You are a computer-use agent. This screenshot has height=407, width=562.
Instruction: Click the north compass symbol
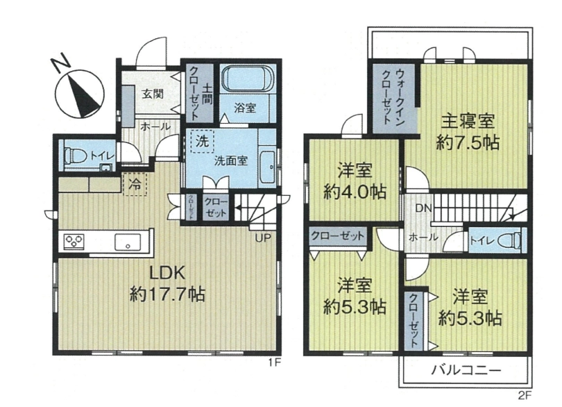pyautogui.click(x=80, y=92)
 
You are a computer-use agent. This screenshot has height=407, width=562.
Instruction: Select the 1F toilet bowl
pyautogui.click(x=76, y=156)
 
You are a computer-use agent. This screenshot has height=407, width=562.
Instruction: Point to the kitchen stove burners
pyautogui.click(x=74, y=242)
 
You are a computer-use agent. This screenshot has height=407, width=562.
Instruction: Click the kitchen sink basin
pyautogui.click(x=128, y=242)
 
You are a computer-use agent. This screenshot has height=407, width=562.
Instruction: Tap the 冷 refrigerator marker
pyautogui.click(x=135, y=185)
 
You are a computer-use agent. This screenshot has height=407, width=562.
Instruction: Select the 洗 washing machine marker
pyautogui.click(x=202, y=141)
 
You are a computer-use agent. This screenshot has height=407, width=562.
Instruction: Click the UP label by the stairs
pyautogui.click(x=263, y=238)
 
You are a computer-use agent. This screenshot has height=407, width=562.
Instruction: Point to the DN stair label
pyautogui.click(x=424, y=208)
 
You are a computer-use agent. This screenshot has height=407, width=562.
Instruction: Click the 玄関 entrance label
pyautogui.click(x=153, y=94)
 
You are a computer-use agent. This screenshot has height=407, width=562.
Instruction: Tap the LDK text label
pyautogui.click(x=167, y=274)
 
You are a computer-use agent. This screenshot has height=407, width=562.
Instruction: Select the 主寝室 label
pyautogui.click(x=468, y=122)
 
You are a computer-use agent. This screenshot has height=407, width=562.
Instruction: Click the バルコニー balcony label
pyautogui.click(x=466, y=369)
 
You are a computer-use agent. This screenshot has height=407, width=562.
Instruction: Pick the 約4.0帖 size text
pyautogui.click(x=355, y=192)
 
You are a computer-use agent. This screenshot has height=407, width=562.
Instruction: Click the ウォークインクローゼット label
pyautogui.click(x=393, y=97)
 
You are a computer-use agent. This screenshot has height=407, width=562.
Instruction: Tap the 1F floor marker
pyautogui.click(x=273, y=363)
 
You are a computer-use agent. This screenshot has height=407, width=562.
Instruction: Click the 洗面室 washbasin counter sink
pyautogui.click(x=267, y=167)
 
